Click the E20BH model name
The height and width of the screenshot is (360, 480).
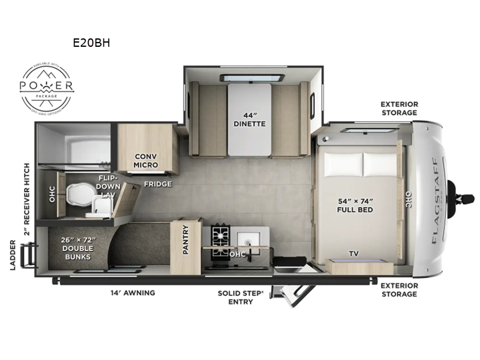pyautogui.click(x=91, y=43)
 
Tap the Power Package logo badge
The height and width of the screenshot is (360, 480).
pyautogui.click(x=47, y=87)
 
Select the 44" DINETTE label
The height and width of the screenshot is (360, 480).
pyautogui.click(x=250, y=120)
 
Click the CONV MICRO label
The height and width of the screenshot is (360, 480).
pyautogui.click(x=146, y=160)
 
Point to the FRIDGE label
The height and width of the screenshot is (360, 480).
pyautogui.click(x=158, y=184)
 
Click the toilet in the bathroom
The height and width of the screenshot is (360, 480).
pyautogui.click(x=78, y=194)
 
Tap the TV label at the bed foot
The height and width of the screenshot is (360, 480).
pyautogui.click(x=355, y=253)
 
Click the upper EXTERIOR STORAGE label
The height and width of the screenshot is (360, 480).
pyautogui.click(x=399, y=108)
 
